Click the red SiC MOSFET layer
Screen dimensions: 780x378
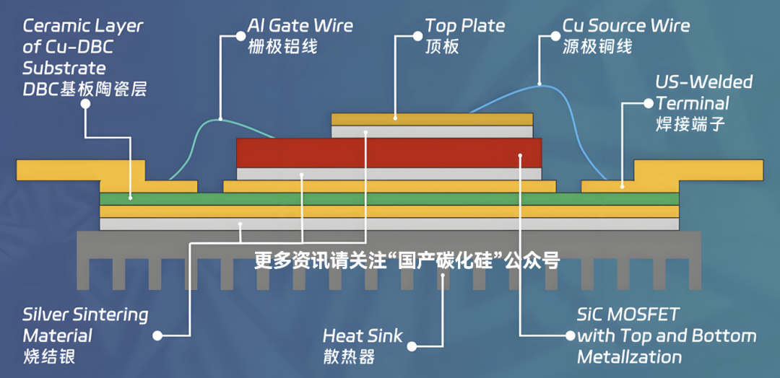389,153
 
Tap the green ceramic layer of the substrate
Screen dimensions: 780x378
389,199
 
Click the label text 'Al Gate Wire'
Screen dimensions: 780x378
300,26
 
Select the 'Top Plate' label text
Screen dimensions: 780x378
465,26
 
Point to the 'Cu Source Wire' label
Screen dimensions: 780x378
626,26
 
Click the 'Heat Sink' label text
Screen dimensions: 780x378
362,335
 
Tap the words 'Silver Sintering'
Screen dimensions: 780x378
85,315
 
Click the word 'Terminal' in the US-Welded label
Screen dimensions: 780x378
693,103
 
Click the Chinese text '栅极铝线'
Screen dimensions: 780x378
282,47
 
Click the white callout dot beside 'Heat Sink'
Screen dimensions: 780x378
412,346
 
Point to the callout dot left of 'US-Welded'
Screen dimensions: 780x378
648,103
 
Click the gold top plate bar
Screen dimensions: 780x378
432,119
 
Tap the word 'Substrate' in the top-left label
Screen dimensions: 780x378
64,68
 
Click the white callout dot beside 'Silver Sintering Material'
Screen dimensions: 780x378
157,335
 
